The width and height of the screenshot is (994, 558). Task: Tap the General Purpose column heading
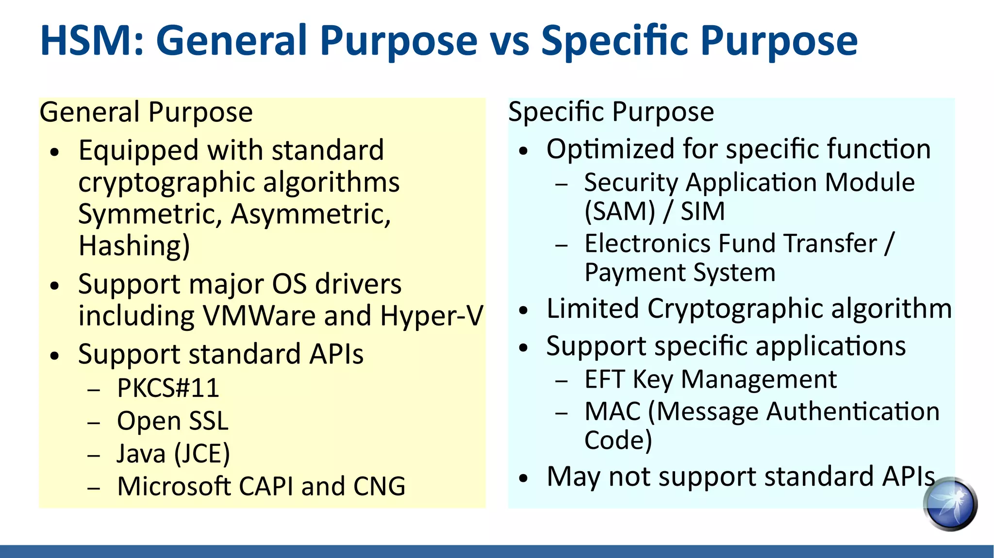[146, 112]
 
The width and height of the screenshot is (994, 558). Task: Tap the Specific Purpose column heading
[611, 112]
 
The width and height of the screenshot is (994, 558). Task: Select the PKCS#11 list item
[168, 388]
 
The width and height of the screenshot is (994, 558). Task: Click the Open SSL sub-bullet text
[172, 421]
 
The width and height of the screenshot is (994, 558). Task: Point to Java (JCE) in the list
[173, 454]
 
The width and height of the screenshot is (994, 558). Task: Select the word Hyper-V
[431, 316]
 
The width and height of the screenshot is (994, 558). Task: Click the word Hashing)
[134, 246]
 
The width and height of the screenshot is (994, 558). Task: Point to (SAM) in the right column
[620, 212]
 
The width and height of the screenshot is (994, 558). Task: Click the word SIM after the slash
[702, 212]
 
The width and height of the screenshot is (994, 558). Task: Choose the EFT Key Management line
[711, 379]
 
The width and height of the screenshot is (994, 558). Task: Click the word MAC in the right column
[613, 411]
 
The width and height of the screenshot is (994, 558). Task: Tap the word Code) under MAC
[618, 440]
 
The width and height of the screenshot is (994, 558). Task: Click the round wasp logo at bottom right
[950, 504]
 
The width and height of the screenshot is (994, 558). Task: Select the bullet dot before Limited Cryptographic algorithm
[523, 310]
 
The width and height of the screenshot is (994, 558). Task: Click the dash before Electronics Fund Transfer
[562, 246]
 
